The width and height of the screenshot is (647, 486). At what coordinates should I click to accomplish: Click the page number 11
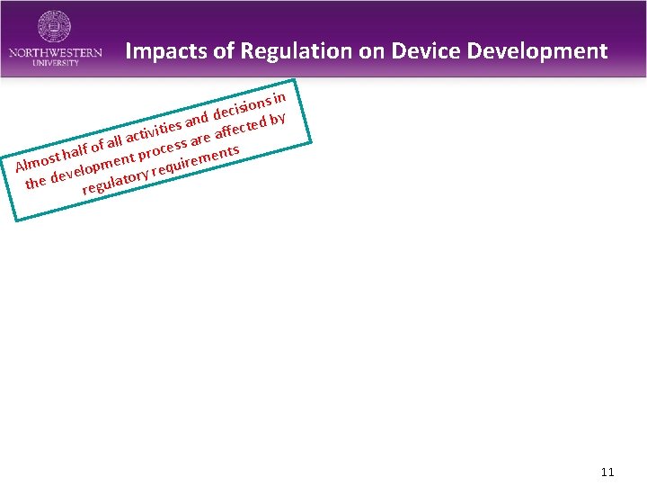tap(607, 472)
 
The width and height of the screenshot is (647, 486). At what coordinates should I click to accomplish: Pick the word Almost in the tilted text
tap(37, 161)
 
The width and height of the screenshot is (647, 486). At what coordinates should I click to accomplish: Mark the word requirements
tap(196, 160)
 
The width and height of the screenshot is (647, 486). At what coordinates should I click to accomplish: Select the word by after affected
tap(278, 118)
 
